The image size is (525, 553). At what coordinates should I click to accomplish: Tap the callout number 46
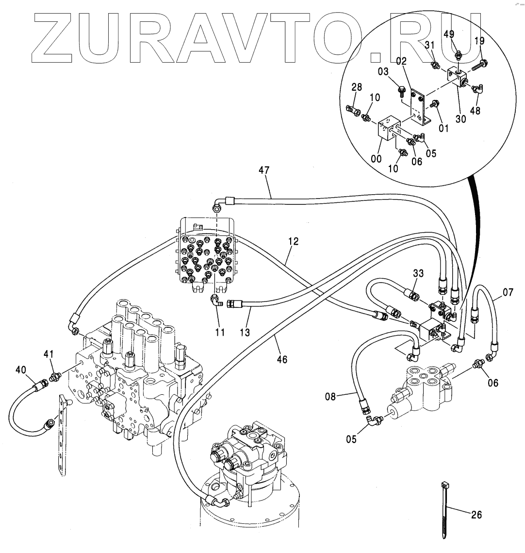(x=282, y=359)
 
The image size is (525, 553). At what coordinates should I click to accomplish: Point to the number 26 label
(x=476, y=515)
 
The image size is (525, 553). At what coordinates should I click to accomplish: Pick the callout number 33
(x=419, y=274)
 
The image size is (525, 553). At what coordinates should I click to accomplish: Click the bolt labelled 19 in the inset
(x=483, y=63)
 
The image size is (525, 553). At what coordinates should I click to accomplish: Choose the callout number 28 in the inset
(x=357, y=87)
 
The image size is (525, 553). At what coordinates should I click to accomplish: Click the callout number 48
(x=474, y=111)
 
